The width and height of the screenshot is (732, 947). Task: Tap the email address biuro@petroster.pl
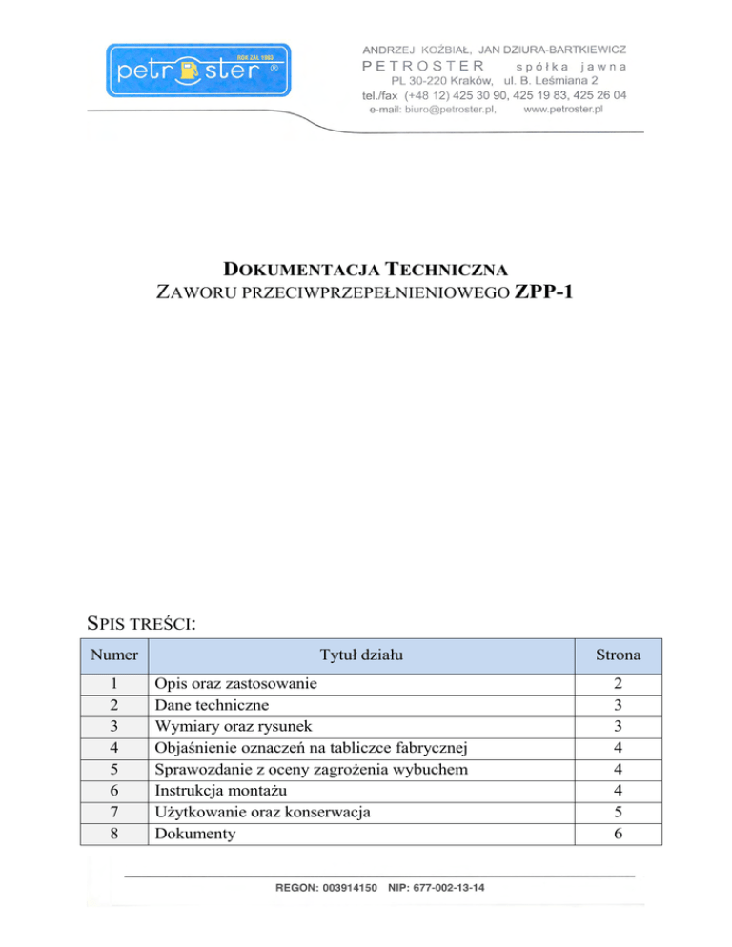tap(449, 110)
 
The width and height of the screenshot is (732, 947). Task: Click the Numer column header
tap(114, 655)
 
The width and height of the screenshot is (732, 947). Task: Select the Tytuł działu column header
tap(363, 655)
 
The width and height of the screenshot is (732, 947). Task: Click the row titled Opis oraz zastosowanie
tap(236, 684)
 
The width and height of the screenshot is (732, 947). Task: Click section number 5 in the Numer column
tap(114, 769)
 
